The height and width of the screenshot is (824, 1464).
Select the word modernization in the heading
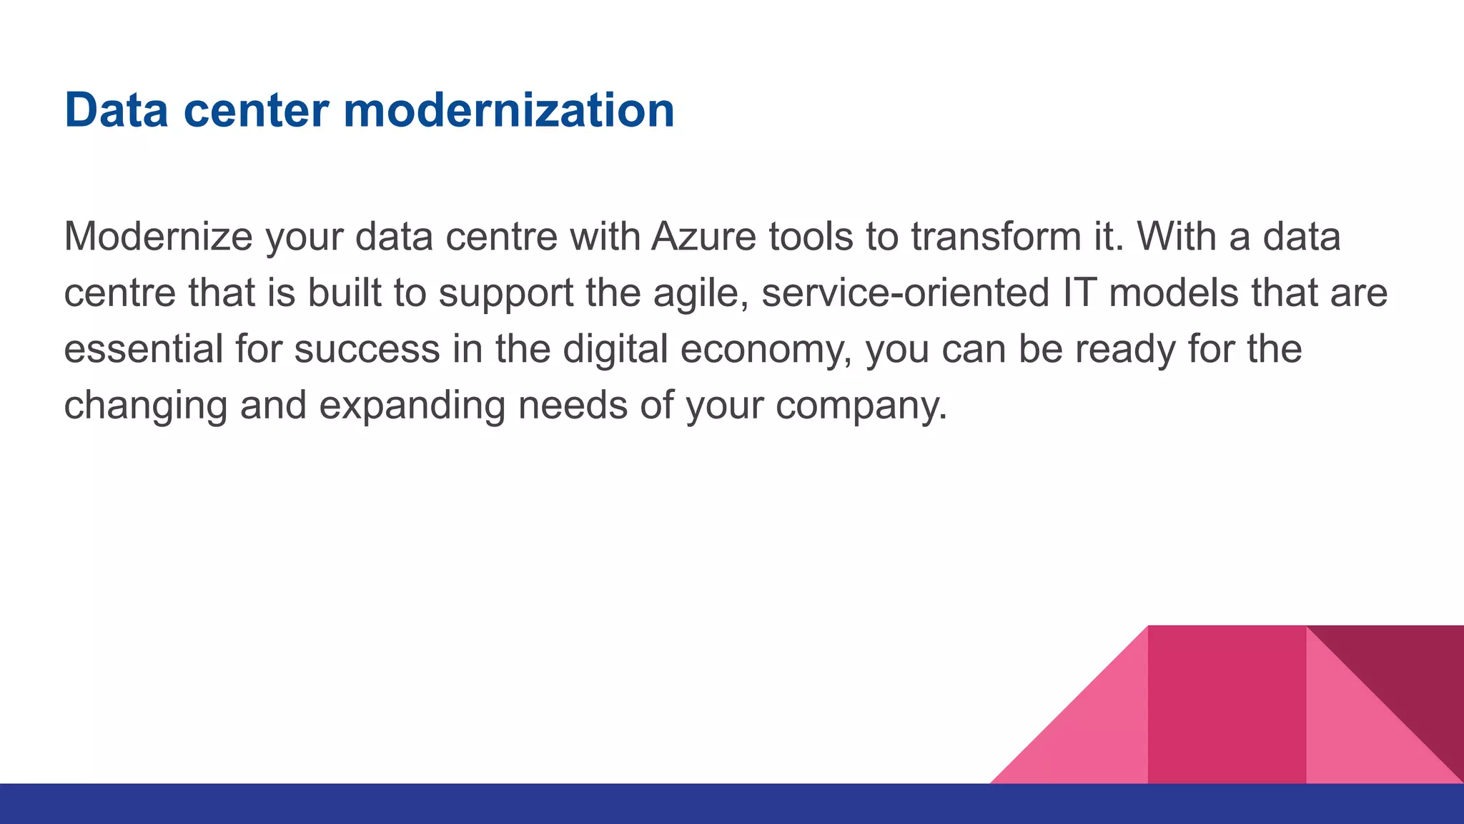click(508, 110)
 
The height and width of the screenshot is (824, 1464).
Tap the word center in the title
click(256, 112)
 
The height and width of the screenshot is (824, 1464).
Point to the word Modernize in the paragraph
click(158, 237)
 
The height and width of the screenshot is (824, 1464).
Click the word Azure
click(703, 237)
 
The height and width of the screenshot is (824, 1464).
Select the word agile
click(700, 293)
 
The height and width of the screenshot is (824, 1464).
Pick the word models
click(1173, 293)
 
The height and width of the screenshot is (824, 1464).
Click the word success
click(367, 349)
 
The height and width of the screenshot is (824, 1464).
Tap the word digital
click(615, 349)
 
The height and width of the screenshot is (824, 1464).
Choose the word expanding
click(412, 406)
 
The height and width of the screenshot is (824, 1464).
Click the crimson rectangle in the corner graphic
click(1227, 705)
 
